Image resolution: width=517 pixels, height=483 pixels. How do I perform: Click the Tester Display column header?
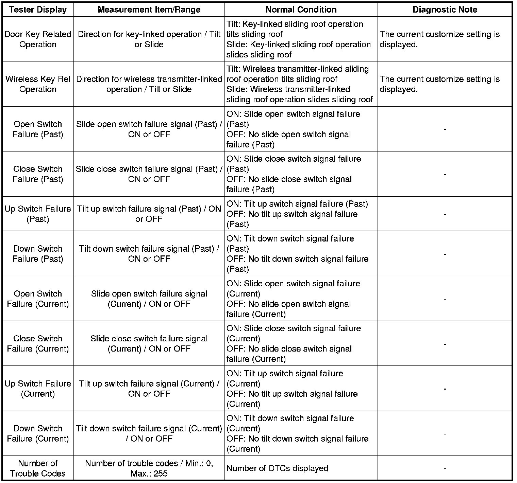[38, 10]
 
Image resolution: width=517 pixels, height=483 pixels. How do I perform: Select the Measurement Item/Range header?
[149, 10]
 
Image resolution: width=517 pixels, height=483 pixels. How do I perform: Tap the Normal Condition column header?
[301, 10]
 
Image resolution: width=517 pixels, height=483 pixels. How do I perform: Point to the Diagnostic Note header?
[445, 10]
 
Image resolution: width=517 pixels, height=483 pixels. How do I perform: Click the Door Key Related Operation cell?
[38, 39]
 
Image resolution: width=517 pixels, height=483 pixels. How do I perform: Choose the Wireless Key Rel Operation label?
[38, 84]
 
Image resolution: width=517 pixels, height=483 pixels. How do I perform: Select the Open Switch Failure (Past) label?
[38, 129]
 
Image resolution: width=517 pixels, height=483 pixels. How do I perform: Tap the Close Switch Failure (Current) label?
[38, 344]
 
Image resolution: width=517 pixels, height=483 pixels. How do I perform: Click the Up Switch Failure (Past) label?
[38, 214]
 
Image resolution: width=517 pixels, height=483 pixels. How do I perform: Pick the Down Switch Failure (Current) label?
[38, 433]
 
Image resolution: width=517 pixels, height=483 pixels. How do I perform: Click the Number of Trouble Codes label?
[38, 468]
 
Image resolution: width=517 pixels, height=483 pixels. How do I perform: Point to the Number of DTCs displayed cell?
[277, 468]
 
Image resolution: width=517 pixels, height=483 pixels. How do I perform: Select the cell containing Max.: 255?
[149, 468]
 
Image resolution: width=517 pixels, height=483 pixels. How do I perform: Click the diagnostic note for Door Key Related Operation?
[439, 39]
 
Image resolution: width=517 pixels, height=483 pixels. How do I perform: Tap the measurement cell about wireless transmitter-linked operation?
[149, 84]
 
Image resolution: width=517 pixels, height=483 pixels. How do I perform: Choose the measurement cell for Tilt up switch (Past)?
[149, 214]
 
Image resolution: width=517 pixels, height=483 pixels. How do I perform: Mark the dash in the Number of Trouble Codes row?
[445, 469]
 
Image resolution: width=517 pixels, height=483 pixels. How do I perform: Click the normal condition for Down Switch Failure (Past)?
[297, 254]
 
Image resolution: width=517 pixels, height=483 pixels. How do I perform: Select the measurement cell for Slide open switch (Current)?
[149, 299]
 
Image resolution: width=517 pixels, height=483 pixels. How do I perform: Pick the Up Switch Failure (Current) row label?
[38, 389]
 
